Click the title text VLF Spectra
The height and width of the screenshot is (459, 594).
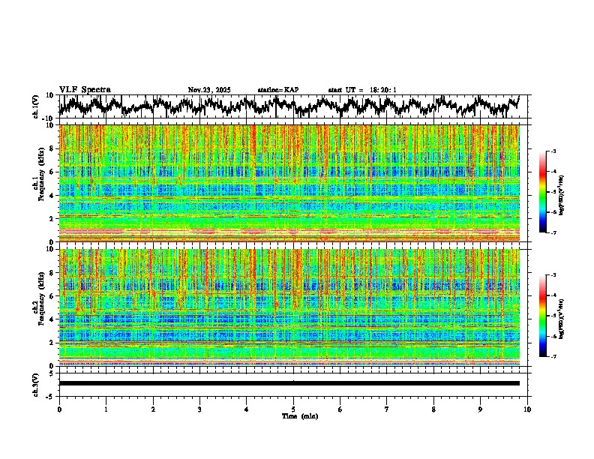tap(85, 90)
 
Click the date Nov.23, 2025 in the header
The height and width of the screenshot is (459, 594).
tap(209, 90)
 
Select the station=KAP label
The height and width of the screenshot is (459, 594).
tap(278, 90)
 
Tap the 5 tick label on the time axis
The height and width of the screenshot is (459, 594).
tap(293, 409)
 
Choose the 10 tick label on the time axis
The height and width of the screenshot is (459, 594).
tap(527, 409)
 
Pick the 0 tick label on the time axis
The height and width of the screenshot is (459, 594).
tap(59, 409)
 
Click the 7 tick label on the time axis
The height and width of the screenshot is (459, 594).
tap(387, 409)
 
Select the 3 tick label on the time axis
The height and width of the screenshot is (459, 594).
tap(199, 409)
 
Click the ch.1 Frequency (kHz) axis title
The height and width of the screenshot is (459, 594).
tap(40, 183)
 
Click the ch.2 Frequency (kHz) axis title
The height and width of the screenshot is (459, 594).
tap(40, 307)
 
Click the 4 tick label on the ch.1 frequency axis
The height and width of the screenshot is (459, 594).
tap(52, 195)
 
